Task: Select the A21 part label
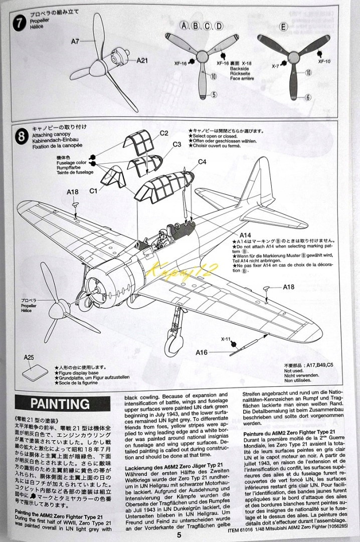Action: (142, 60)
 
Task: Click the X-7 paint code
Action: (276, 66)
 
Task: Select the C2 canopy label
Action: (164, 133)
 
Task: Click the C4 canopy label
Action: (202, 162)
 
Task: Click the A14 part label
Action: (245, 234)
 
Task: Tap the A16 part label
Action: (201, 352)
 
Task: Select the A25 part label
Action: (29, 358)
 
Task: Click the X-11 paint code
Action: (227, 339)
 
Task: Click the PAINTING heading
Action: (60, 403)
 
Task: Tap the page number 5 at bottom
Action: (179, 534)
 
